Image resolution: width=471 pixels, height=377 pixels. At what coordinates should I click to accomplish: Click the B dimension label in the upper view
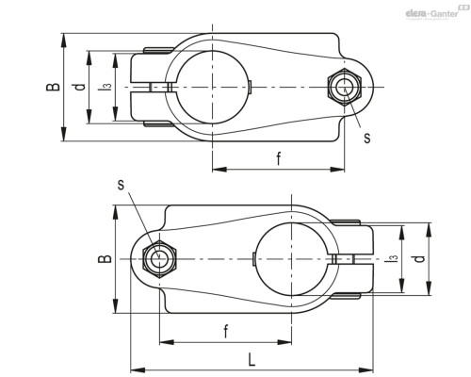click(53, 87)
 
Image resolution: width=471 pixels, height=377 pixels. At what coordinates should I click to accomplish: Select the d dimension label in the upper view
click(80, 87)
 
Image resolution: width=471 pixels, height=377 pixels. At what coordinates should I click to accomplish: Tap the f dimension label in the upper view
click(279, 158)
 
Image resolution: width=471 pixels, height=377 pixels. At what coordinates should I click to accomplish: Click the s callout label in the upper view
click(367, 138)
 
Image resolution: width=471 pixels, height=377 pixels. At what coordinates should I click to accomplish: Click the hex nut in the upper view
click(345, 87)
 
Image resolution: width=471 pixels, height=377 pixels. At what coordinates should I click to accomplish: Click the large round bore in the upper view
click(213, 87)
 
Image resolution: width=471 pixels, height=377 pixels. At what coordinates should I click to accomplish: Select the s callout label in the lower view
click(121, 185)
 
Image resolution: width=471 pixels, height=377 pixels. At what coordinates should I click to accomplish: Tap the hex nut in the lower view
click(159, 259)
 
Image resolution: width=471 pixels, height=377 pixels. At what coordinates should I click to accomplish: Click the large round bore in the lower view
click(292, 259)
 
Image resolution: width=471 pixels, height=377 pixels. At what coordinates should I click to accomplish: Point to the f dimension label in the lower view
click(226, 331)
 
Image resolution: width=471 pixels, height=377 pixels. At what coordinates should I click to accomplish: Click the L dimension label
click(252, 360)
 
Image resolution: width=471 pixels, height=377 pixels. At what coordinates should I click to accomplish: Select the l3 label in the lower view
click(392, 258)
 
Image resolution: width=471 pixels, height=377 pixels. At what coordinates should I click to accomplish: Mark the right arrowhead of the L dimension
click(366, 369)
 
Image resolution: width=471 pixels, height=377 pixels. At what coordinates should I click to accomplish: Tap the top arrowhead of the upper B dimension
click(64, 41)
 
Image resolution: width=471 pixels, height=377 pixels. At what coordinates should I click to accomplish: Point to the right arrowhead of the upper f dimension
click(337, 170)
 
